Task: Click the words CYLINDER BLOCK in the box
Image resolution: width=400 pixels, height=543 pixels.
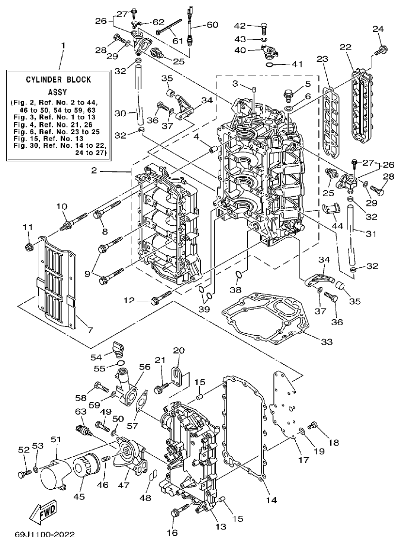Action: point(58,79)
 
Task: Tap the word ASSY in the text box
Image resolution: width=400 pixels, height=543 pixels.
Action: point(58,91)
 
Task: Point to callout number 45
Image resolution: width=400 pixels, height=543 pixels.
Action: point(79,496)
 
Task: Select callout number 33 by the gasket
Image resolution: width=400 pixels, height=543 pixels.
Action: point(326,342)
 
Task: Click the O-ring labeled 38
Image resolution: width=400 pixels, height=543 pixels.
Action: point(238,276)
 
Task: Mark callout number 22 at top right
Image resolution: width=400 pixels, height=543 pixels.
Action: point(345,47)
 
